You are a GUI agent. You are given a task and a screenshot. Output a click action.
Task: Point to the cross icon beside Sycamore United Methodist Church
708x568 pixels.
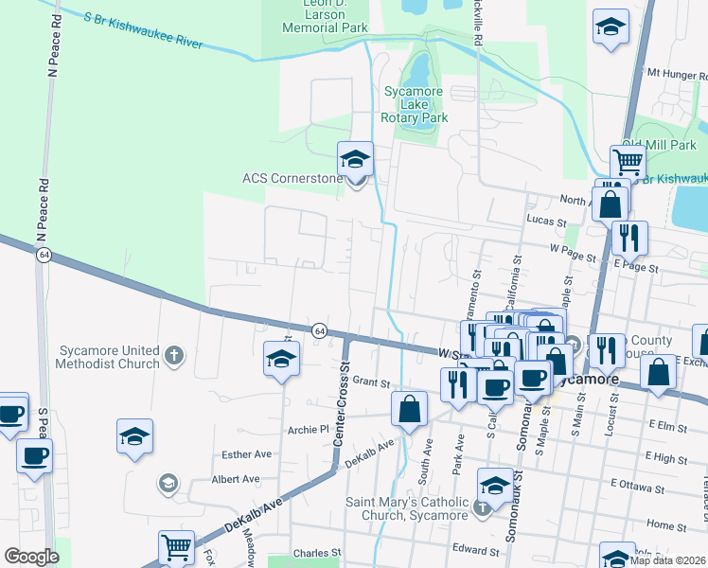[172, 355]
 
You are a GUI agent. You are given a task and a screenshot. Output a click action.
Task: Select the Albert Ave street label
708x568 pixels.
[236, 479]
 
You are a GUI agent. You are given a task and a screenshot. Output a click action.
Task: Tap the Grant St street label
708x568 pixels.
[371, 382]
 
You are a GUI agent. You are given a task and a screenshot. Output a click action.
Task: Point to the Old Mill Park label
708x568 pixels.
[659, 145]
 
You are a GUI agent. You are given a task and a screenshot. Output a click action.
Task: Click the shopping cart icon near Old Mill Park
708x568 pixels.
[628, 162]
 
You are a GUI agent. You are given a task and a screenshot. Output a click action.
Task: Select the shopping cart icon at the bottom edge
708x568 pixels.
[176, 547]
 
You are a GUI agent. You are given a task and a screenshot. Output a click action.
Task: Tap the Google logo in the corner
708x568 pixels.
[31, 557]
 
